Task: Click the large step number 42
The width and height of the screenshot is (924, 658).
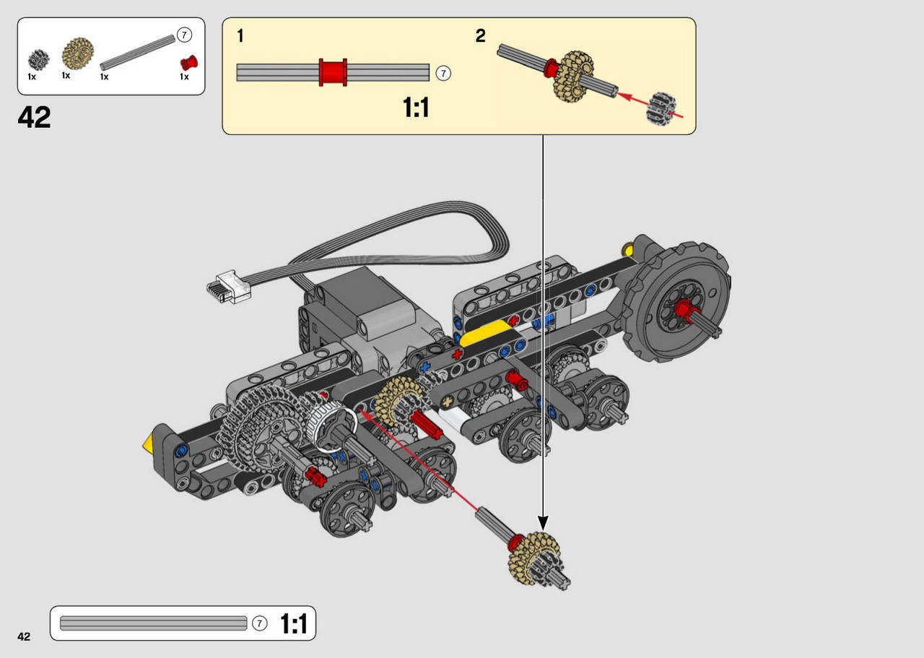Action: tap(34, 117)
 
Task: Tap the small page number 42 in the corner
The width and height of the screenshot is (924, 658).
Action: tap(24, 636)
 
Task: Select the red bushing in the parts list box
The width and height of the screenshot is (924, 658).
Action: tap(189, 63)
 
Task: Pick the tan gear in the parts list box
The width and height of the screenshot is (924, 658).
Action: tap(77, 53)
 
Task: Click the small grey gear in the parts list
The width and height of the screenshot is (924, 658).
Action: tap(39, 60)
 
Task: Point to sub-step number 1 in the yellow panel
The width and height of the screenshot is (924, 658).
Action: tap(240, 36)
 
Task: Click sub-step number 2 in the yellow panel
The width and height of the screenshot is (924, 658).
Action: tap(480, 36)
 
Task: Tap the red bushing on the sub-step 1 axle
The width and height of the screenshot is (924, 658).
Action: tap(333, 72)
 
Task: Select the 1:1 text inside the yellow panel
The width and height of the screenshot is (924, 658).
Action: tap(416, 108)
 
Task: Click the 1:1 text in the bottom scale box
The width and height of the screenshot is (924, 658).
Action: tap(294, 623)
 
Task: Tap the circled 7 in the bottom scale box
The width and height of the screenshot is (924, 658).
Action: tap(259, 623)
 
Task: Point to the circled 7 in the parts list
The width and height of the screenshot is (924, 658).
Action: tap(184, 35)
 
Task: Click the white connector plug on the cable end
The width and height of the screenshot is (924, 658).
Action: tap(229, 287)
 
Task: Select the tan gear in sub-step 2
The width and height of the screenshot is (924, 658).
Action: tap(573, 77)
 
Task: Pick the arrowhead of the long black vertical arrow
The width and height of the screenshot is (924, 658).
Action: tap(543, 523)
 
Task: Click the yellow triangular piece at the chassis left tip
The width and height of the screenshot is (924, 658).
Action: tap(148, 443)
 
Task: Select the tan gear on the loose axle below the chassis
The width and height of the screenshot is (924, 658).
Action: tap(533, 558)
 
